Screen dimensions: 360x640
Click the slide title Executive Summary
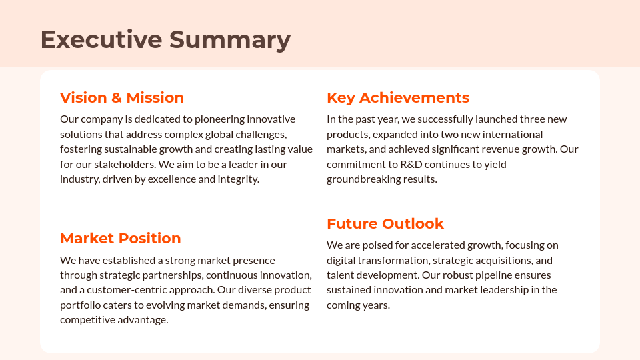point(165,39)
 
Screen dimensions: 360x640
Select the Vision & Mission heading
point(122,98)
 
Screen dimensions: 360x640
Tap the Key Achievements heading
point(398,98)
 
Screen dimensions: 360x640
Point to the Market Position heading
point(121,239)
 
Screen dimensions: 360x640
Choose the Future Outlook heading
point(385,223)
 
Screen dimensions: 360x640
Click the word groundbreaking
point(363,179)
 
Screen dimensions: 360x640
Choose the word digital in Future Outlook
point(341,260)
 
